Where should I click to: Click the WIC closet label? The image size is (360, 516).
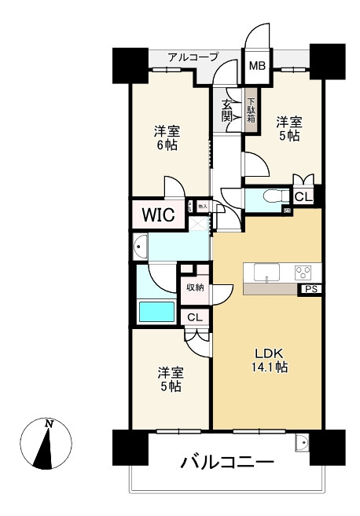(x=159, y=213)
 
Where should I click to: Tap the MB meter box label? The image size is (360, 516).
(x=257, y=65)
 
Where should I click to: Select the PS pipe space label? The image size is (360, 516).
(x=310, y=290)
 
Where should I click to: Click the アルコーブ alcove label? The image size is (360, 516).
(x=193, y=57)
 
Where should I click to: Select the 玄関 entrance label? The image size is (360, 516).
(x=227, y=110)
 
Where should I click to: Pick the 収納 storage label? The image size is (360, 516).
(x=194, y=287)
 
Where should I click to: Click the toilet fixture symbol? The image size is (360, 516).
(x=271, y=196)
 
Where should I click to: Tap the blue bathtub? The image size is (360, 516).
(x=156, y=311)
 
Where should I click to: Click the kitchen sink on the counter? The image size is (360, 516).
(x=268, y=273)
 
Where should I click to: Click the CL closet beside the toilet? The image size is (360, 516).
(x=303, y=196)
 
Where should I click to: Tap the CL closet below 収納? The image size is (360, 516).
(x=195, y=317)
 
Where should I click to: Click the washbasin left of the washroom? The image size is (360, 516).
(x=141, y=246)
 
